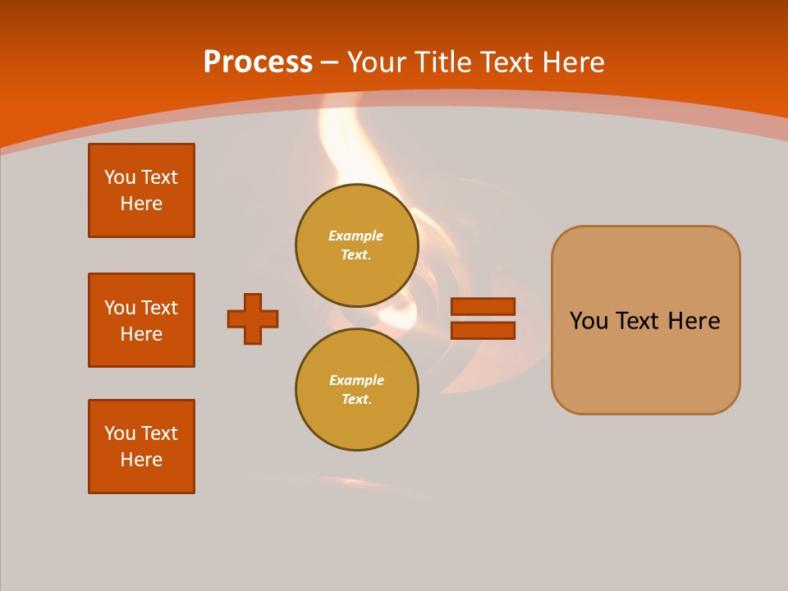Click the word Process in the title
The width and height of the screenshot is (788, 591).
(x=258, y=62)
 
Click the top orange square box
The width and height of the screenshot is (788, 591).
(x=141, y=190)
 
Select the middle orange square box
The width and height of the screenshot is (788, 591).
(x=141, y=320)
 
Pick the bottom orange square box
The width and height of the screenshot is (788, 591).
(x=141, y=447)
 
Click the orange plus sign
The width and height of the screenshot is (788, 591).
(x=253, y=318)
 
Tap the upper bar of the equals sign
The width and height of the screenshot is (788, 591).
(x=483, y=306)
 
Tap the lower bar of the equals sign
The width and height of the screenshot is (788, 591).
(x=483, y=330)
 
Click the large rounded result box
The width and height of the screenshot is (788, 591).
(x=645, y=361)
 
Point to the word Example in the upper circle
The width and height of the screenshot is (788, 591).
(x=356, y=236)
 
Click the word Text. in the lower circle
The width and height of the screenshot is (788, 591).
(x=356, y=399)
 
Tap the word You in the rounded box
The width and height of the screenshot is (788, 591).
(x=589, y=321)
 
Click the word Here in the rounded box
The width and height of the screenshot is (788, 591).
(x=694, y=321)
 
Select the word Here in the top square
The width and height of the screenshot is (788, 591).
(x=141, y=204)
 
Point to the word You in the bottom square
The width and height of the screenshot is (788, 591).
(x=120, y=433)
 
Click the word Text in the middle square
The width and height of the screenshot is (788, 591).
(x=160, y=308)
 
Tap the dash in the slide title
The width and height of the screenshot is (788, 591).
(x=330, y=62)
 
